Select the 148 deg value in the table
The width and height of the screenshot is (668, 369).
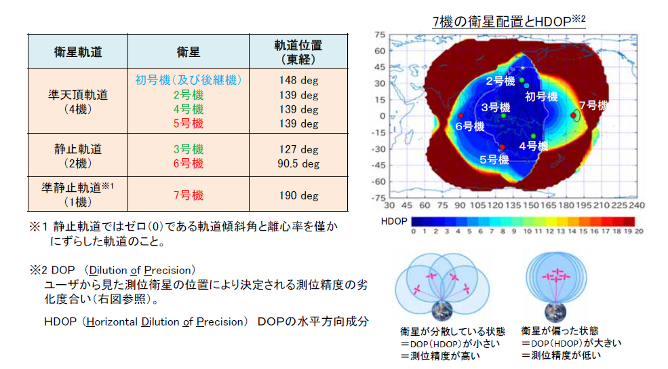click(x=298, y=80)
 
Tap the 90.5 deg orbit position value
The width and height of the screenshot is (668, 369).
click(x=298, y=163)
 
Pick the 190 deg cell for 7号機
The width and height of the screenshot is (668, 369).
click(x=298, y=195)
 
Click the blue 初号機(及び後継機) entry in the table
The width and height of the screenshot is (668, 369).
click(x=188, y=80)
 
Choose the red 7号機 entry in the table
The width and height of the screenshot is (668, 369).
click(x=188, y=195)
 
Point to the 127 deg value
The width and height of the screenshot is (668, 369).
click(x=298, y=149)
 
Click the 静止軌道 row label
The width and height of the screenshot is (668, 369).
click(x=77, y=149)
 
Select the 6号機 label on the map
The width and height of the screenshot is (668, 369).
click(x=469, y=126)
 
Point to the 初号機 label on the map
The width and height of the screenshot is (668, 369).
click(x=541, y=96)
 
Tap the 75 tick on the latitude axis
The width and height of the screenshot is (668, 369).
click(x=380, y=35)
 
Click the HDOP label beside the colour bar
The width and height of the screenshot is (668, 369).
click(x=394, y=221)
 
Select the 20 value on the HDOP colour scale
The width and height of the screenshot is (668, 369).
click(x=638, y=232)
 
